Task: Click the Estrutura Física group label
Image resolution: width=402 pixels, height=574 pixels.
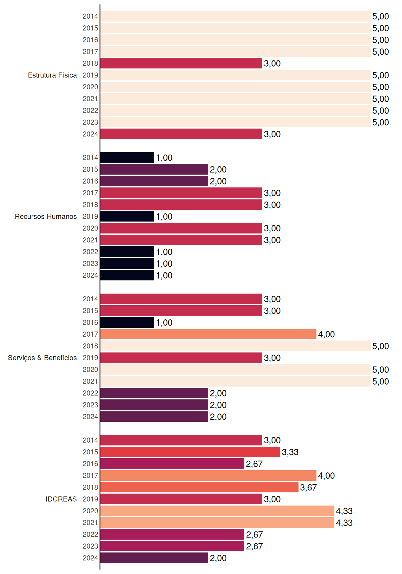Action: tap(52, 75)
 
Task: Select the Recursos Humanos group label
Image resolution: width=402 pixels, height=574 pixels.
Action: tap(46, 216)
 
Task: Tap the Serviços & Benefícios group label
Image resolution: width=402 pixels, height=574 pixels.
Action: tap(42, 358)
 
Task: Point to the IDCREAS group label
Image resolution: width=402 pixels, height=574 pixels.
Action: tap(61, 499)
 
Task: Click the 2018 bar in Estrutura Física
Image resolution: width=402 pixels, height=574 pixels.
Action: tap(181, 63)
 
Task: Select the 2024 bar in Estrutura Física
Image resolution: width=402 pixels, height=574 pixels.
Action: tap(181, 134)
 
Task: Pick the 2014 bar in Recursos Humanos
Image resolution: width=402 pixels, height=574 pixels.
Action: tap(127, 158)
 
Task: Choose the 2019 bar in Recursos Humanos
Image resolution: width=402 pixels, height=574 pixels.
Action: tap(127, 216)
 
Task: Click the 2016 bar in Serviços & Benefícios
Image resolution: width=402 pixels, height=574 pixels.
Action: tap(127, 322)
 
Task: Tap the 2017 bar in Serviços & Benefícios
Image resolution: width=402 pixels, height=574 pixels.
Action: tap(208, 334)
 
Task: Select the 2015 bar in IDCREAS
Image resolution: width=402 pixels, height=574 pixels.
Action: tap(190, 452)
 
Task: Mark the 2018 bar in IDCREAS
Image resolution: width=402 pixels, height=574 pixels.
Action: tap(199, 487)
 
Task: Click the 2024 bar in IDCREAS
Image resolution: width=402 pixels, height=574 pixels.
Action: tap(154, 558)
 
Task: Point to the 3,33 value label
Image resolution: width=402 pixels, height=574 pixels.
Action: tap(290, 452)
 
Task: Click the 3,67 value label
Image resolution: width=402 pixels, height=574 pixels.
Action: tap(308, 487)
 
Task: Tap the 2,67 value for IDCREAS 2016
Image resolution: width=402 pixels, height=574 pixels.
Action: tap(254, 464)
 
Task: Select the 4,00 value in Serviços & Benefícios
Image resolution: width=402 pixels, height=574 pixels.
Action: tap(326, 334)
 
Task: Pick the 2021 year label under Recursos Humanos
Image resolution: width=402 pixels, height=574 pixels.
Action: tap(90, 240)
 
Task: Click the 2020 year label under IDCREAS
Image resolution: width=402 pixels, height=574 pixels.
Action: tap(90, 511)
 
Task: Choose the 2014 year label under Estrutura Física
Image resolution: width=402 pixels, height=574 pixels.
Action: tap(90, 16)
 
